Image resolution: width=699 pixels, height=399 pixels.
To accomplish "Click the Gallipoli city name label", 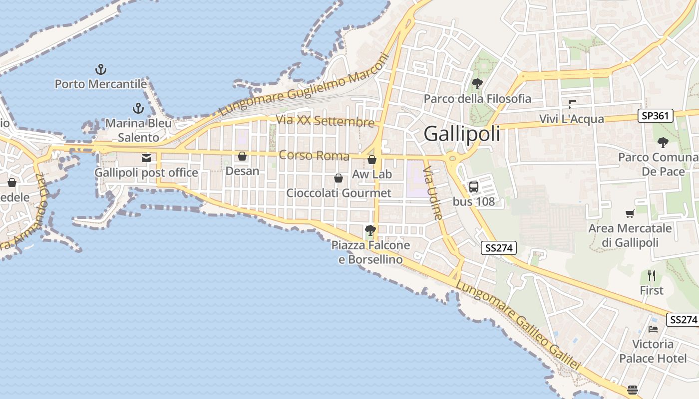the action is [462, 134].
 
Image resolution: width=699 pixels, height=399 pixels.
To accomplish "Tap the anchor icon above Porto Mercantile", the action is [101, 69].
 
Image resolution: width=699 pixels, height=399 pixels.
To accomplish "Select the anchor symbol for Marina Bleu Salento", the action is [138, 108].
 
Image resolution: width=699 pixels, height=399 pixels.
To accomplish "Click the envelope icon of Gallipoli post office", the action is [146, 158].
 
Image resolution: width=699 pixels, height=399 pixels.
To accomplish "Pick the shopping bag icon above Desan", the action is [242, 156].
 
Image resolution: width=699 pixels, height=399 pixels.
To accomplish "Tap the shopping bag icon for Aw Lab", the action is [372, 160].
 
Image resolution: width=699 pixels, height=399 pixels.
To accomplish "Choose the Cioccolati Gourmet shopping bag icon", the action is [339, 178].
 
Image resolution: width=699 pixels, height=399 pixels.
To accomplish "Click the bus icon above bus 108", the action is [474, 187].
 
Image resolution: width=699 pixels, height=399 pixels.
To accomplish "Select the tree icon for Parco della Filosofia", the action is [477, 84].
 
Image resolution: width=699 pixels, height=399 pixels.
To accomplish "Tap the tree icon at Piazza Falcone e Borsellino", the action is [370, 230].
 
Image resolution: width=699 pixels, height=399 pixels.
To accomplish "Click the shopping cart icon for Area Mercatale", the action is [630, 213].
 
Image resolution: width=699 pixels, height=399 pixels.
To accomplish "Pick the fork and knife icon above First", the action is [652, 275].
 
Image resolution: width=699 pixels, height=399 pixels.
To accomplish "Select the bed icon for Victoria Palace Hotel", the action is [653, 329].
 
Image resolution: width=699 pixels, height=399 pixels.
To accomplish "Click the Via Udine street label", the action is [433, 194].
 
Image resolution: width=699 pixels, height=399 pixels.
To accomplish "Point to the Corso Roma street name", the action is [314, 155].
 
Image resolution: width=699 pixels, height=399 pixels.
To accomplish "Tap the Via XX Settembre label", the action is [325, 121].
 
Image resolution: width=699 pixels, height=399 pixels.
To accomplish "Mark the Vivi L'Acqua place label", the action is [572, 119].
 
